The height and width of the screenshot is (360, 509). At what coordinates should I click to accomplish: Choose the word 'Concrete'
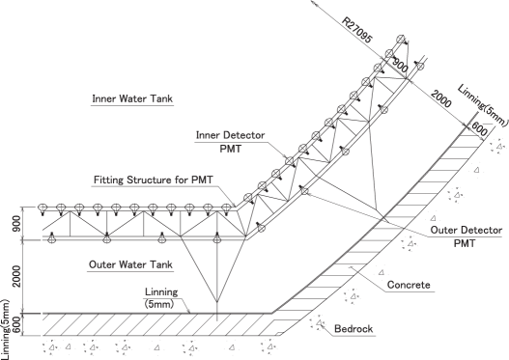tap(408, 287)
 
